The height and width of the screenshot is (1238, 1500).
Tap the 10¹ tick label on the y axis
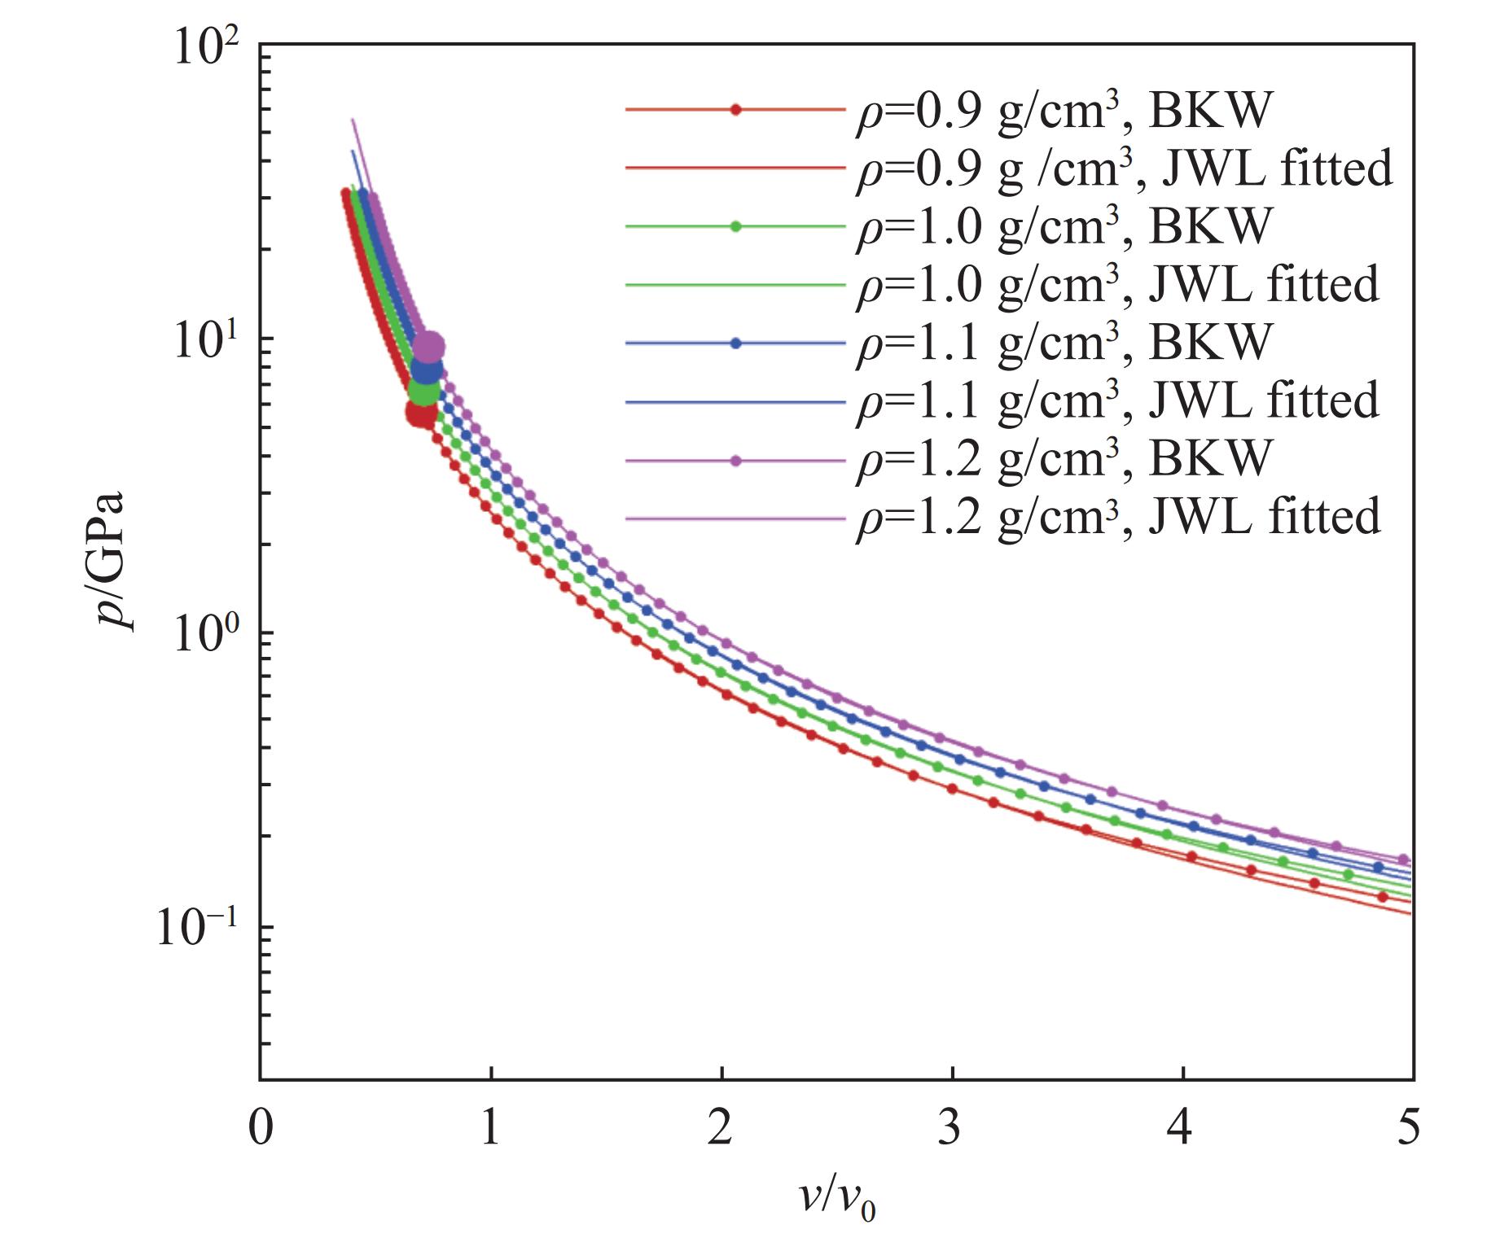[206, 342]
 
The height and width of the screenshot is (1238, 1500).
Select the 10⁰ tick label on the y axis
[206, 635]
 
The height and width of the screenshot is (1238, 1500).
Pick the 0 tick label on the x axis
[261, 1128]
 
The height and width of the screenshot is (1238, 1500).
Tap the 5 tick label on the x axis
[1410, 1128]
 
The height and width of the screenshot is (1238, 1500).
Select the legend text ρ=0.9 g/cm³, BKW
[1063, 111]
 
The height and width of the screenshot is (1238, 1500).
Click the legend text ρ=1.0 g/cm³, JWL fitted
[1117, 286]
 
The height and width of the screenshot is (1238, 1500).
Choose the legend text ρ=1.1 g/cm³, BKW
[1063, 343]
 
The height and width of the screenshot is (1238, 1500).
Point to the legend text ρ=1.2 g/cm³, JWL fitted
[1117, 518]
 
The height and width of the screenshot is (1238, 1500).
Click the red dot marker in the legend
[736, 110]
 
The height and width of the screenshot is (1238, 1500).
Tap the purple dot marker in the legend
[736, 462]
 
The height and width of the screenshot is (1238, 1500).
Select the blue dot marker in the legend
[736, 343]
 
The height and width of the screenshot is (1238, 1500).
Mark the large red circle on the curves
[421, 413]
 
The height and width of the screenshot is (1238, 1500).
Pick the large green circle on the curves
[423, 392]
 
